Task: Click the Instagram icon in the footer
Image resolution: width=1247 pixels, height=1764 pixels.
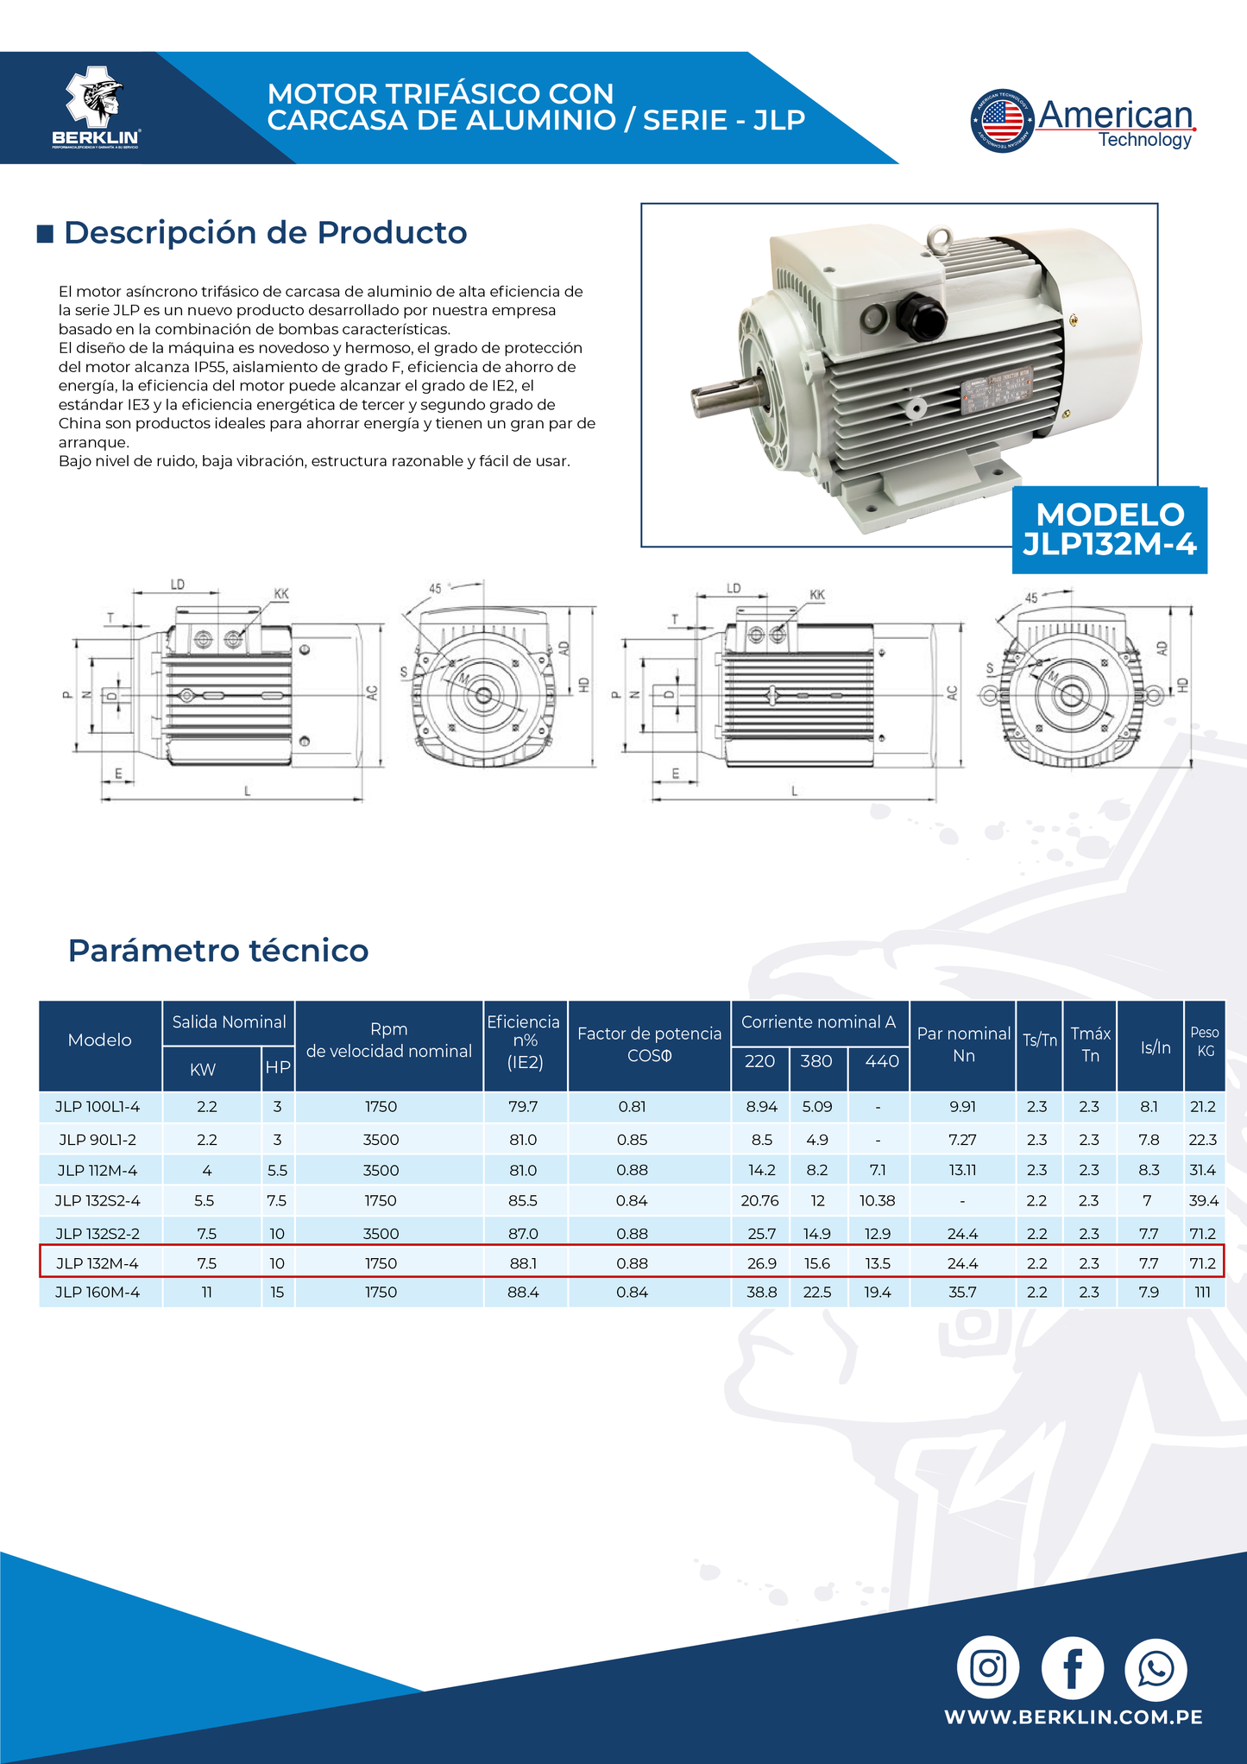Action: tap(987, 1667)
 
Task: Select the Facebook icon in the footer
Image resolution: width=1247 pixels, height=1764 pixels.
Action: tap(1072, 1667)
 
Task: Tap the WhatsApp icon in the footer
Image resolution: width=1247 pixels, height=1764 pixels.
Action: tap(1156, 1667)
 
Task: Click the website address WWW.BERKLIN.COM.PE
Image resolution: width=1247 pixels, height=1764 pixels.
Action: tap(1073, 1717)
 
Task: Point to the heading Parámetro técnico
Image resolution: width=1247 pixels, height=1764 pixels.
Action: tap(218, 951)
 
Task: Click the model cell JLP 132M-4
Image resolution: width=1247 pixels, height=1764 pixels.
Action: tap(98, 1263)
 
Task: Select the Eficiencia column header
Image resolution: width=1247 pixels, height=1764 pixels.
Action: tap(524, 1042)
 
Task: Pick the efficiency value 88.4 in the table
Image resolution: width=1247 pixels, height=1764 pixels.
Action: tap(523, 1293)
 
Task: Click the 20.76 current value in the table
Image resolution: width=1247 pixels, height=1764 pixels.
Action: tap(759, 1201)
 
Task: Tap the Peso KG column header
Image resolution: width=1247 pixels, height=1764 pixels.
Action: tap(1205, 1041)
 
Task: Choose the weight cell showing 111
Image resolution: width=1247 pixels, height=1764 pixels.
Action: tap(1203, 1293)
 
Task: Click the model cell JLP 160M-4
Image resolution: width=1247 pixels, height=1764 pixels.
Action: tap(98, 1293)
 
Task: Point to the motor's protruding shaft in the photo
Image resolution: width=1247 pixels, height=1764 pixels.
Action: tap(721, 398)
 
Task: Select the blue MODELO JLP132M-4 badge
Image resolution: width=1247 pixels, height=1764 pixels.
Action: tap(1110, 529)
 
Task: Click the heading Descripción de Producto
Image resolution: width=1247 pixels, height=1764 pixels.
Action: tap(265, 232)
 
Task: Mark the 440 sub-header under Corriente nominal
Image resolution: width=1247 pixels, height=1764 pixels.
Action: tap(880, 1061)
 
